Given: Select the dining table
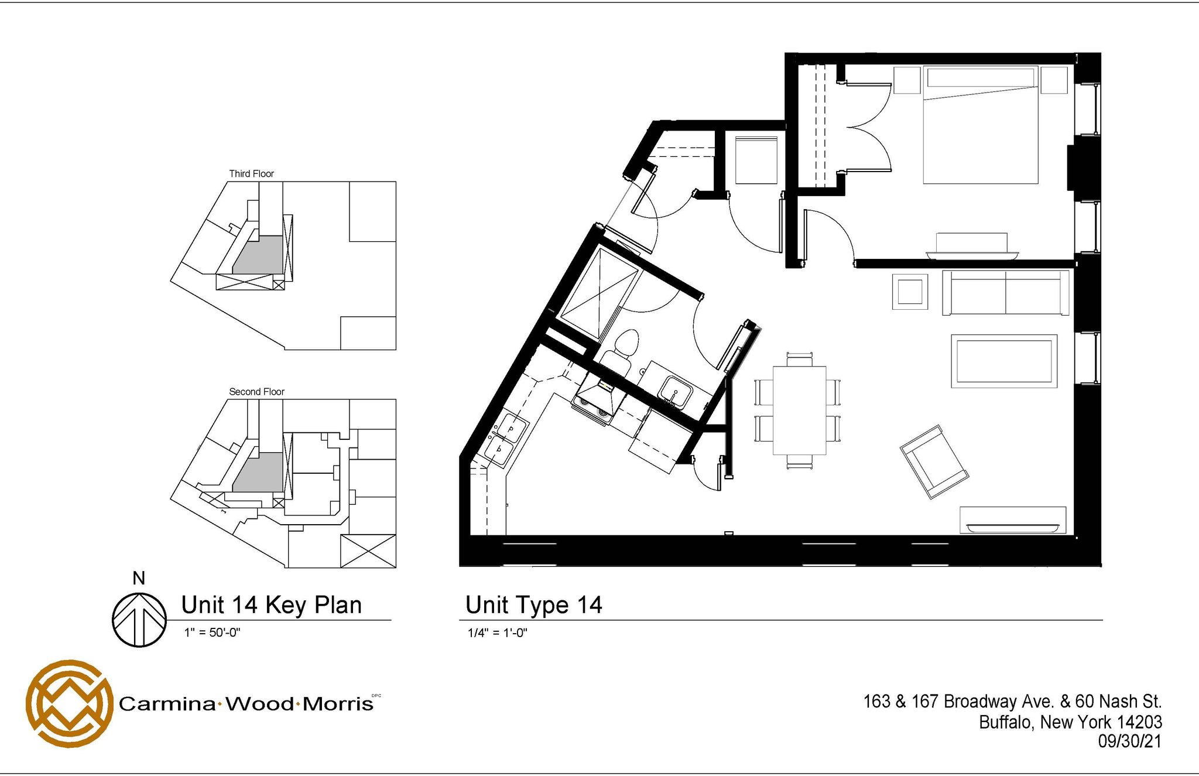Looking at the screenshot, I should pos(799,410).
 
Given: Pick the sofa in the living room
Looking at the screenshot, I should pos(1005,292).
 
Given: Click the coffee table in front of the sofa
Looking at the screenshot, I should pos(1003,361).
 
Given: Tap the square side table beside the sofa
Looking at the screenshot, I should pos(910,291).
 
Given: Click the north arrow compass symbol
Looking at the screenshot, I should pos(139,620).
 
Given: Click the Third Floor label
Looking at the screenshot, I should pos(251,173).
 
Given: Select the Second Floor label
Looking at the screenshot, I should pos(256,391).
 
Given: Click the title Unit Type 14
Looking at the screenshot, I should pos(533,605).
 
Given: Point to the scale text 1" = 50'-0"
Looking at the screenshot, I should pos(212,633).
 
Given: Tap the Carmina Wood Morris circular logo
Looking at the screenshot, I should pos(69,703).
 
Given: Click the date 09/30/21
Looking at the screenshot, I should pos(1129,741).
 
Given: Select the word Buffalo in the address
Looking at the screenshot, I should pos(1005,722).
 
